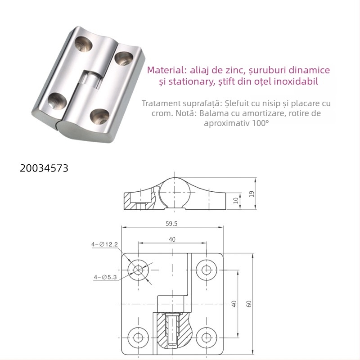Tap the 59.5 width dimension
click(x=171, y=223)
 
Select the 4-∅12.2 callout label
click(x=104, y=244)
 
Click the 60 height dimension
click(x=249, y=303)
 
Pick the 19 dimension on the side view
click(x=252, y=193)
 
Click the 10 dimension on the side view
click(x=236, y=201)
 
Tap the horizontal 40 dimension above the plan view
click(x=172, y=239)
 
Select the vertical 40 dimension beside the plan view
click(x=234, y=303)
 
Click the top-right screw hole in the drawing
click(x=207, y=270)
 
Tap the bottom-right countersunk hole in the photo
click(x=99, y=116)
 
